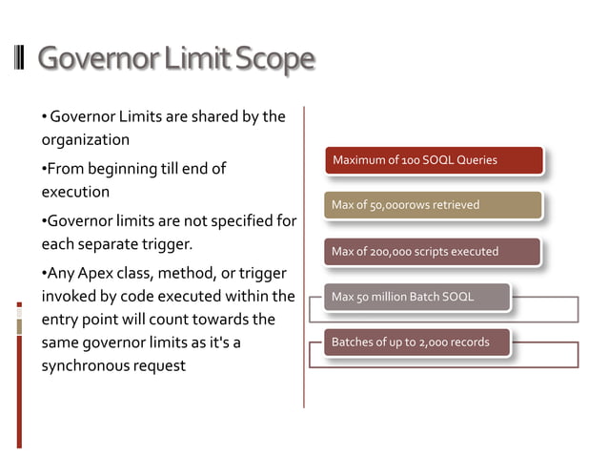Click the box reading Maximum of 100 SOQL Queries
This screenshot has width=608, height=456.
pos(434,160)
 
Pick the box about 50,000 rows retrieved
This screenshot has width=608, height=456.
pos(433,205)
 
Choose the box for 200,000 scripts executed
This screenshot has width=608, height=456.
pos(433,252)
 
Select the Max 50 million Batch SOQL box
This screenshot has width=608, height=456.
pos(417,298)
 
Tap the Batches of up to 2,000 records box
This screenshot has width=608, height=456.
pos(417,342)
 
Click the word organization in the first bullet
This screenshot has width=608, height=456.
pos(85,139)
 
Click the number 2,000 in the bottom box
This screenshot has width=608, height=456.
pos(436,342)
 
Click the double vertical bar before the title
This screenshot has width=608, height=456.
pos(20,59)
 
